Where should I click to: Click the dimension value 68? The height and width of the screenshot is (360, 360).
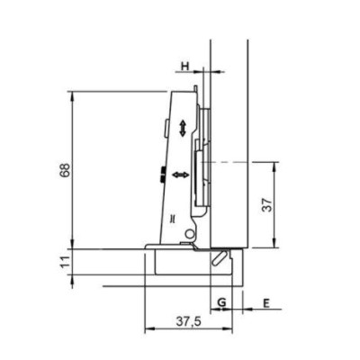(66, 170)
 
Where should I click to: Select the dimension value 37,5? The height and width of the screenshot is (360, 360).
(189, 322)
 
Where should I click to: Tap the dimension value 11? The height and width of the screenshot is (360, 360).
(66, 262)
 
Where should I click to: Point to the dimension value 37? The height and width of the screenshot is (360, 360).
(267, 205)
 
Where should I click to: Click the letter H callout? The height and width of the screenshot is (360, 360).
(185, 66)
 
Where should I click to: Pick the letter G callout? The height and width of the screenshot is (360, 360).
(221, 302)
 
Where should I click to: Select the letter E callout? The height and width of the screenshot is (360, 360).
(266, 303)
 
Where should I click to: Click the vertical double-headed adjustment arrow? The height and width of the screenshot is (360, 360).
(183, 128)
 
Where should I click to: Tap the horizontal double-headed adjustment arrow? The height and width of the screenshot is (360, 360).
(181, 175)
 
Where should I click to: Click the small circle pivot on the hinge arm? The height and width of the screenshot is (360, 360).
(189, 234)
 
